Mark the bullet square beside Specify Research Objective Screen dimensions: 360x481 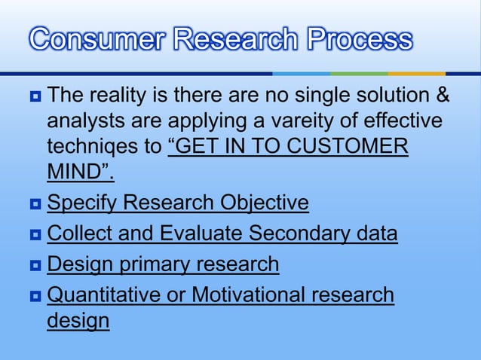tap(35, 204)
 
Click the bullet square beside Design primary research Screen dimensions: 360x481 tap(35, 266)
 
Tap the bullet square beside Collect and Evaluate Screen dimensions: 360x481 tap(35, 235)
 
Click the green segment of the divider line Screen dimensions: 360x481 tap(359, 73)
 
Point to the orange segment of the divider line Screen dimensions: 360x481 tap(416, 73)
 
